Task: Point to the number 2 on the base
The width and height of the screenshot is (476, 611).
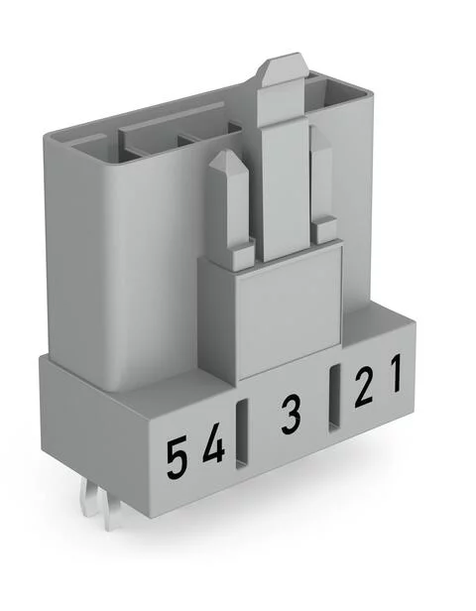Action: [364, 385]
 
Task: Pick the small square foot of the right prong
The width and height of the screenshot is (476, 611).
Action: [323, 232]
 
